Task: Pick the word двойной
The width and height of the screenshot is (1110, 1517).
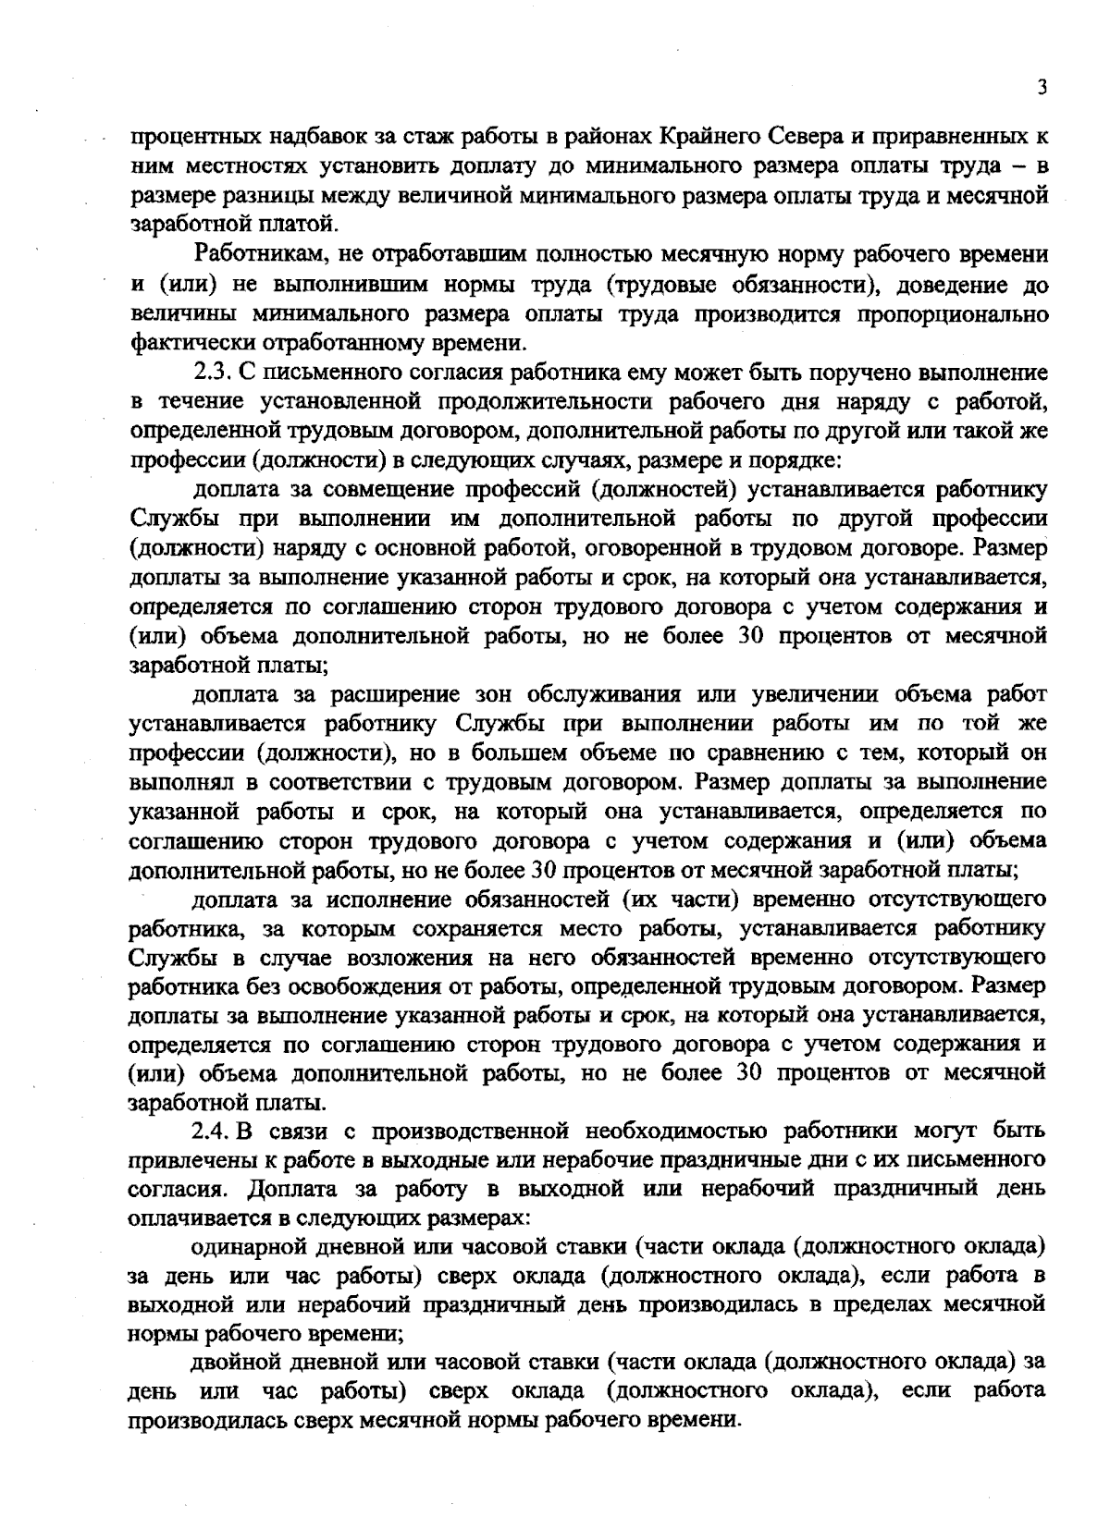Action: pos(237,1363)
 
